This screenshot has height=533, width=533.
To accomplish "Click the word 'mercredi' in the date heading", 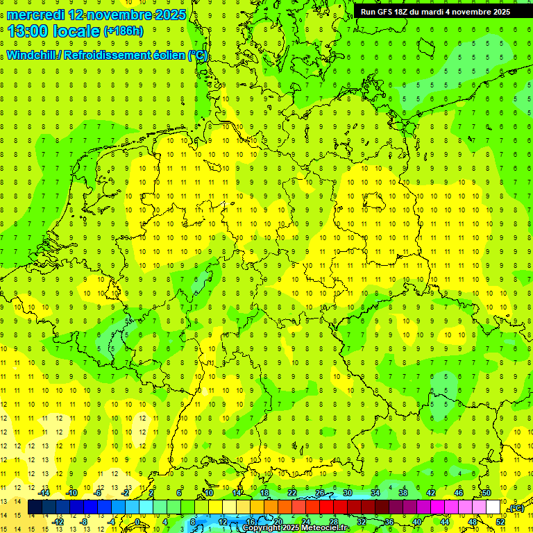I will click(x=36, y=15).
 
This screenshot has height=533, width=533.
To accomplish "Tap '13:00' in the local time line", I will click(x=28, y=31).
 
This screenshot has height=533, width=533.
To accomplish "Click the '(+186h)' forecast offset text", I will click(x=124, y=31).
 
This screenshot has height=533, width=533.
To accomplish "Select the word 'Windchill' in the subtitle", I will click(x=32, y=55).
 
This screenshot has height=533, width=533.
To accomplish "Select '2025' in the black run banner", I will click(x=499, y=12).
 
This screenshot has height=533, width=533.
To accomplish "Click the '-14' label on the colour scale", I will click(x=44, y=493).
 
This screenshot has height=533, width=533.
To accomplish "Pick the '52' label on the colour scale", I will click(x=500, y=522).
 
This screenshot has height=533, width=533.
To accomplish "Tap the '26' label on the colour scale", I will click(x=320, y=493).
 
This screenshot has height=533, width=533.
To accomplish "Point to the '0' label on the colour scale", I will click(x=137, y=522).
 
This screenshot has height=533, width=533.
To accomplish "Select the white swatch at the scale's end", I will click(x=493, y=507).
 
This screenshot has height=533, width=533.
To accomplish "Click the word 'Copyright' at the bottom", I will click(x=263, y=528).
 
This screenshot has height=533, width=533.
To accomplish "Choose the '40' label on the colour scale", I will click(x=417, y=522).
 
